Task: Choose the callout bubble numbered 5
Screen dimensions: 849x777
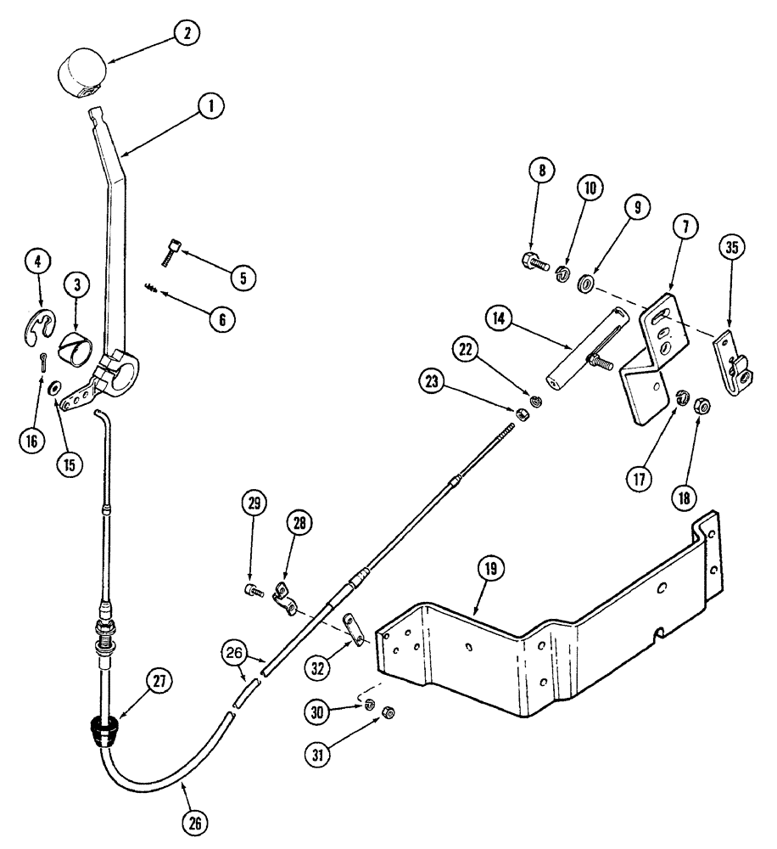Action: [243, 277]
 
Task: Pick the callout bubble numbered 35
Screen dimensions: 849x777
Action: [730, 250]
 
